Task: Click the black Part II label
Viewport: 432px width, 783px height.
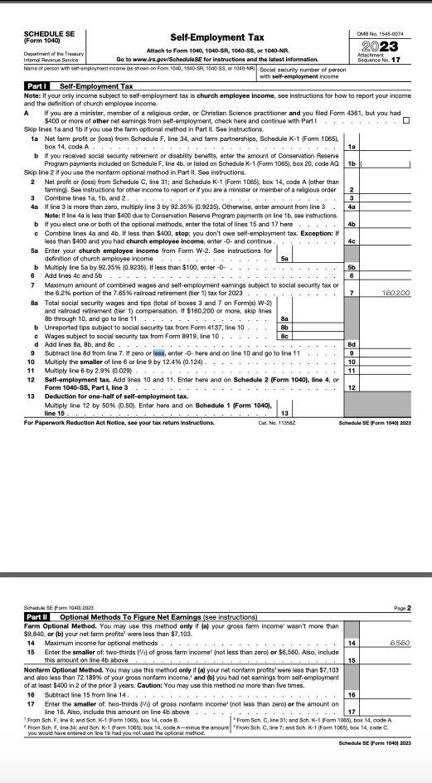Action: pos(37,616)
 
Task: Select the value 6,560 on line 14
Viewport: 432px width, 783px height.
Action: pos(399,642)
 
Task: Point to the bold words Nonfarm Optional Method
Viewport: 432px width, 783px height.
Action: pos(58,668)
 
